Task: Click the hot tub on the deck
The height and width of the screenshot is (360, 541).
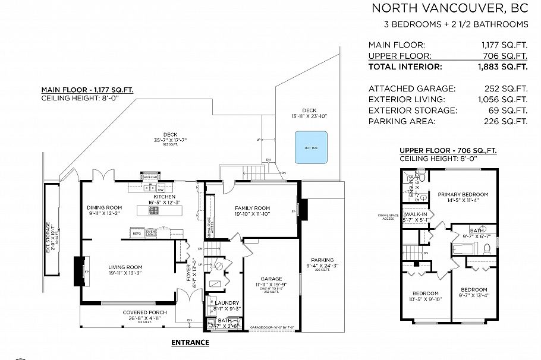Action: click(310, 147)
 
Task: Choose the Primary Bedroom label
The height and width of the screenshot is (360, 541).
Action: click(463, 194)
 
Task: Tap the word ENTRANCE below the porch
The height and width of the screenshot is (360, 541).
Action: click(190, 342)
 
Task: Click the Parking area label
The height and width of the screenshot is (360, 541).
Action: click(322, 260)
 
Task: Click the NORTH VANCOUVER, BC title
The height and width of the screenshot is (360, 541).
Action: click(449, 8)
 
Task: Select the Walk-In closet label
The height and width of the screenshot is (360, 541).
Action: click(417, 214)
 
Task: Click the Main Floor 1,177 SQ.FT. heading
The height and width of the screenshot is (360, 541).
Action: click(87, 90)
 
